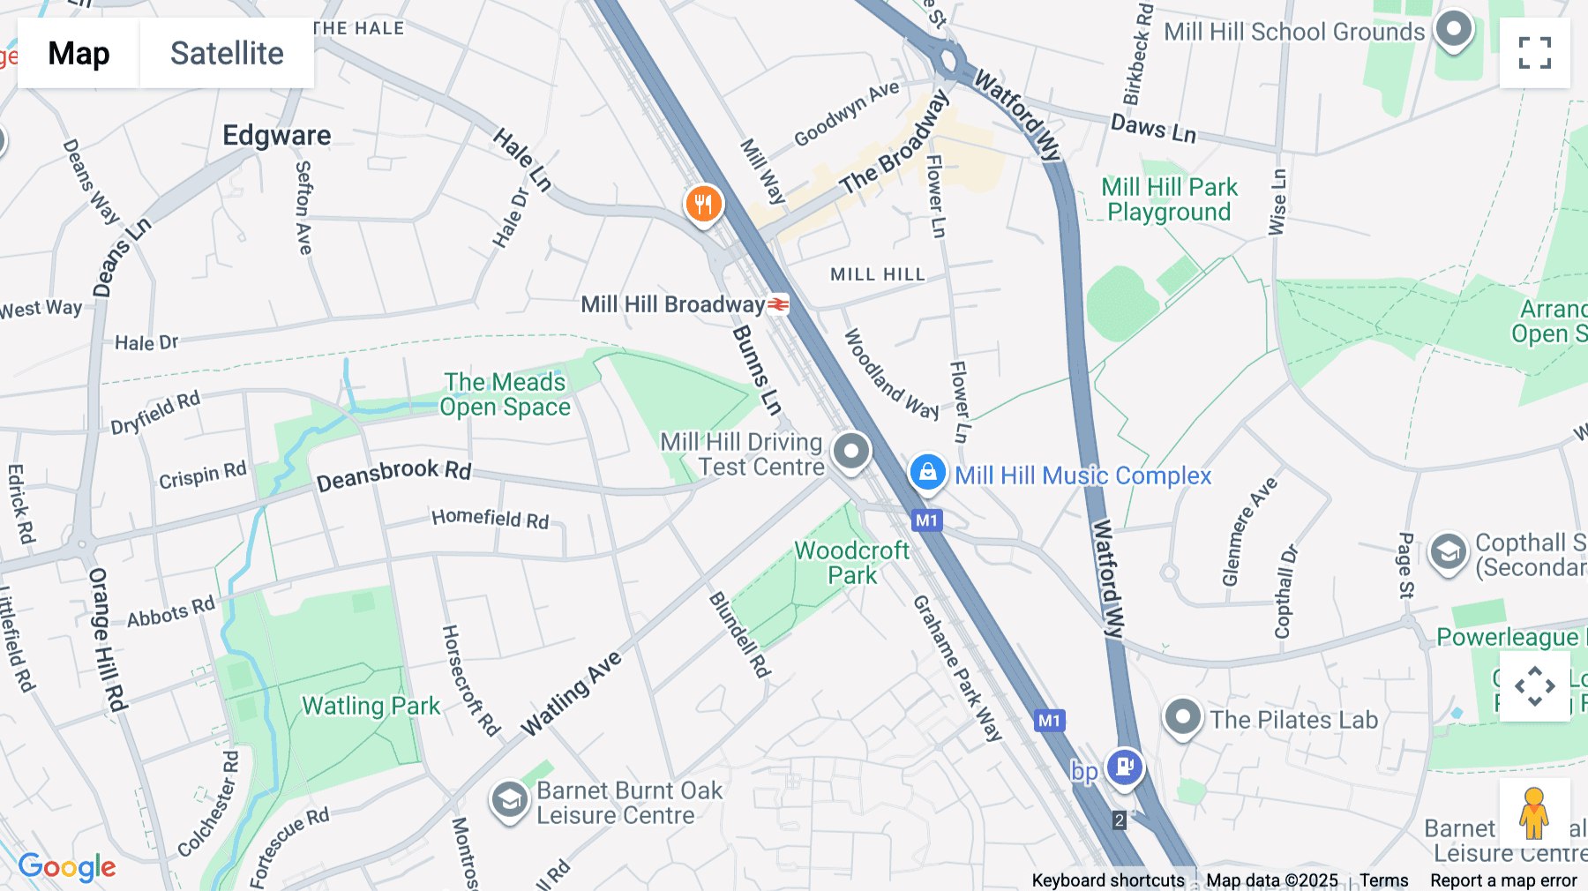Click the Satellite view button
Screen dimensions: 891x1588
227,53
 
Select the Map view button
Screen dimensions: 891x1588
79,53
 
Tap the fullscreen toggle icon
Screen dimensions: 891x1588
1534,53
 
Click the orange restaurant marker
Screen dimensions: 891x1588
703,205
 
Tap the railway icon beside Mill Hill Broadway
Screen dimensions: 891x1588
778,304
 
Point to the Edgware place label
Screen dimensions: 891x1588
276,135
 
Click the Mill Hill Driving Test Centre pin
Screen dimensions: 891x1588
850,451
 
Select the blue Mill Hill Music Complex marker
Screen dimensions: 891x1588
927,473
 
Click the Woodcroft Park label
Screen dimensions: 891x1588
851,563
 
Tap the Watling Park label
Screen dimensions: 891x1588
371,706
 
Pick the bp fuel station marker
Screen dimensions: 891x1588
1124,766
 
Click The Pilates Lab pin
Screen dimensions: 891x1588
1182,717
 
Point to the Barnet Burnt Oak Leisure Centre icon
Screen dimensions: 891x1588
509,799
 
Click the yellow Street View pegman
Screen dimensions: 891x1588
1533,812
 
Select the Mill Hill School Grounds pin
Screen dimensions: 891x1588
1453,29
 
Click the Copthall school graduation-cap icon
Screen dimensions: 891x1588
1447,552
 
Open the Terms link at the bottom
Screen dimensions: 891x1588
1383,880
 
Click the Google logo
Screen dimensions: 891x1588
67,867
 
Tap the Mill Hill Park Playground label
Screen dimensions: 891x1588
1169,199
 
